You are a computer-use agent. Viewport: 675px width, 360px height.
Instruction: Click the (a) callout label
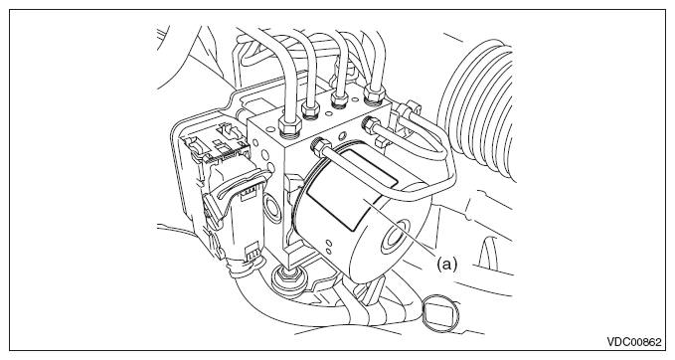pyautogui.click(x=446, y=264)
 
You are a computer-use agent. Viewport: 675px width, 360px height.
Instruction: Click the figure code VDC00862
pyautogui.click(x=633, y=342)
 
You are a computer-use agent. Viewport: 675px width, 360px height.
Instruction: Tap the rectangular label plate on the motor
pyautogui.click(x=351, y=188)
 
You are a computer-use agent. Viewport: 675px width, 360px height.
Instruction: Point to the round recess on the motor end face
pyautogui.click(x=395, y=236)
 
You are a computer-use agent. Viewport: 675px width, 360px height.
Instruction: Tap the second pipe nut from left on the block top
pyautogui.click(x=310, y=111)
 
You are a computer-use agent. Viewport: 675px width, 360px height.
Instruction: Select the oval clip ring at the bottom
pyautogui.click(x=438, y=314)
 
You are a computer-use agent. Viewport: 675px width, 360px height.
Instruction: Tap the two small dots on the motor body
pyautogui.click(x=328, y=247)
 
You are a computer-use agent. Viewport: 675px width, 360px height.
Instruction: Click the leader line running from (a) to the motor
pyautogui.click(x=402, y=227)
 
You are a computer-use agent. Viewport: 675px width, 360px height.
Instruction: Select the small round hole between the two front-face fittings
pyautogui.click(x=342, y=136)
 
